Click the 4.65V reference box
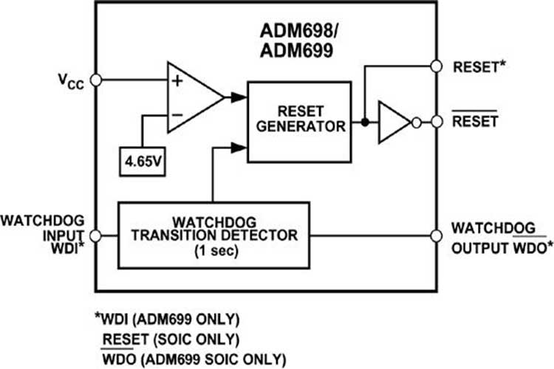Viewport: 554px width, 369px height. [142, 158]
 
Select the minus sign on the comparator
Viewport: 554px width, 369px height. [177, 114]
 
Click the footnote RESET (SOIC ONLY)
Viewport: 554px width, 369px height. [172, 339]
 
